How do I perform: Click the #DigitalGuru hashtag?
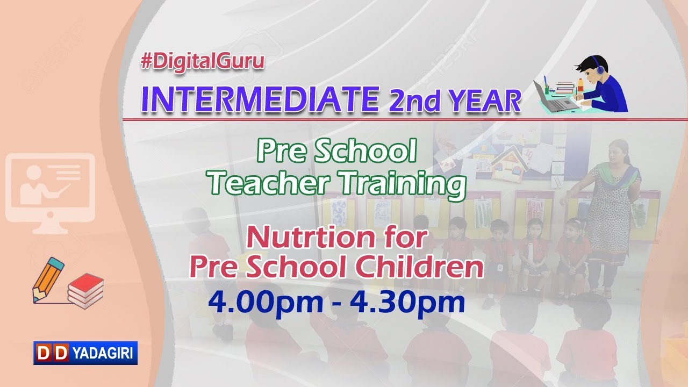point(203,62)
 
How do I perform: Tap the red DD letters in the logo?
point(52,353)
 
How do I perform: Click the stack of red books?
point(85,290)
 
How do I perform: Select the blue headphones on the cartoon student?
point(598,66)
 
